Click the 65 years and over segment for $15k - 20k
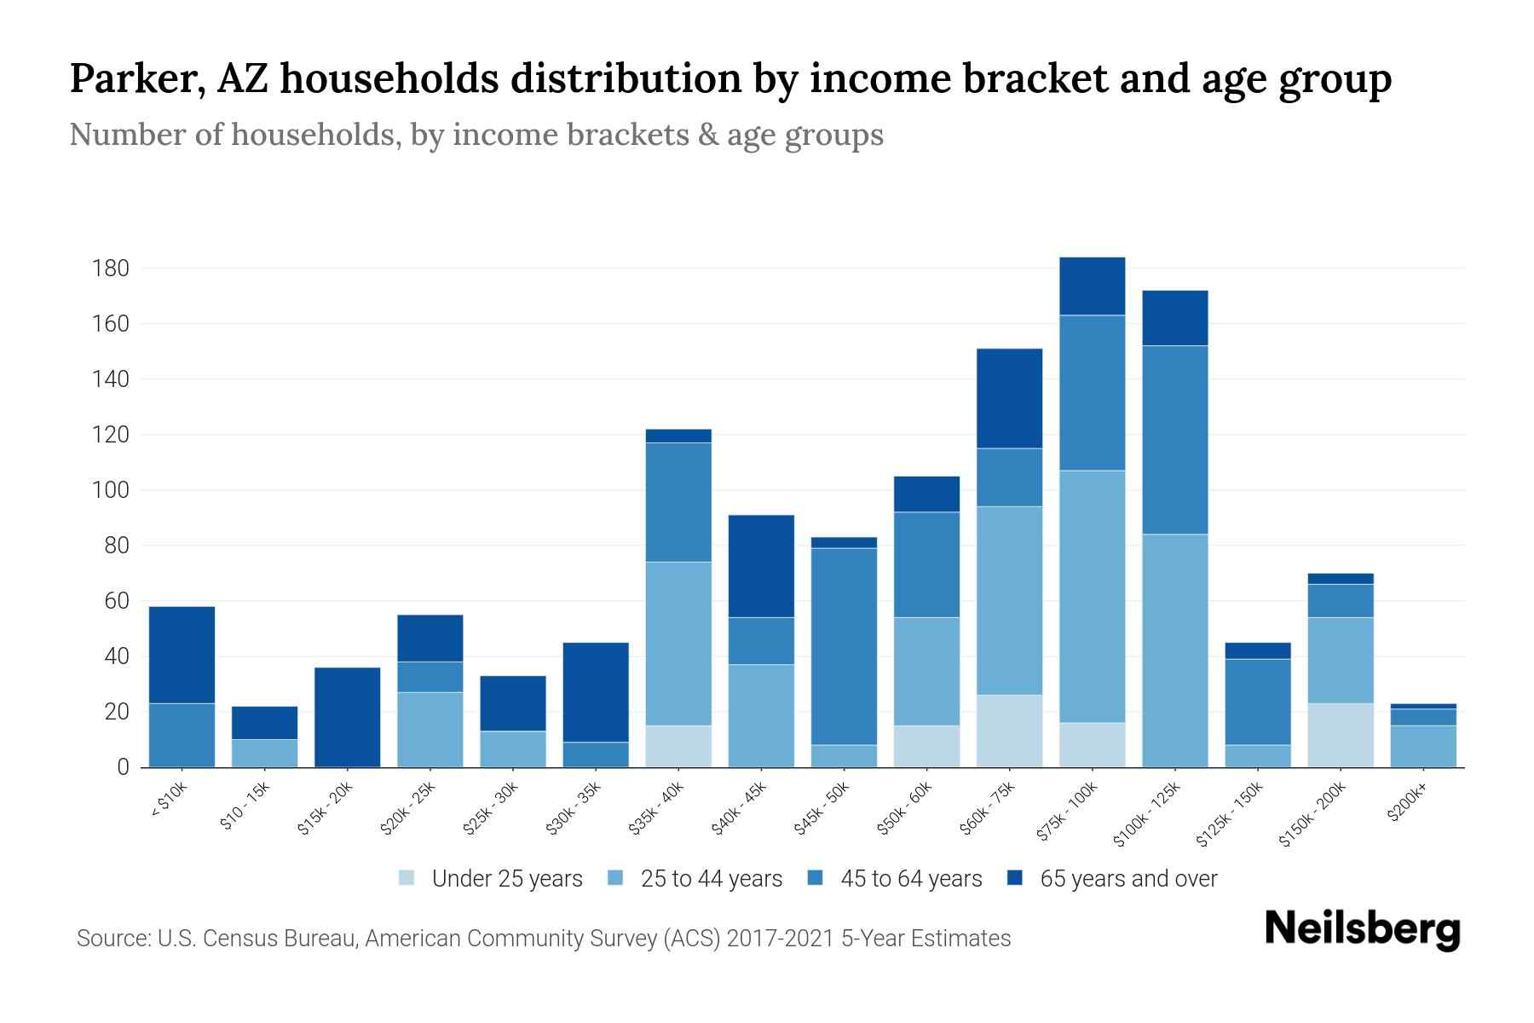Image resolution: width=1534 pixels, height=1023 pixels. click(347, 717)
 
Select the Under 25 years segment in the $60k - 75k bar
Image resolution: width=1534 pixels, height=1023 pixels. click(1009, 731)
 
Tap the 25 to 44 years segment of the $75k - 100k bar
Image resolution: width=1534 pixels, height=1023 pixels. click(1092, 596)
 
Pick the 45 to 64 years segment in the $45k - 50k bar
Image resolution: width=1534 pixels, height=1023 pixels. click(844, 646)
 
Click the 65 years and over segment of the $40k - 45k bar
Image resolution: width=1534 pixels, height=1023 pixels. click(761, 566)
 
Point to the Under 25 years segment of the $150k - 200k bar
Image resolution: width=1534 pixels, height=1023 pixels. click(1340, 735)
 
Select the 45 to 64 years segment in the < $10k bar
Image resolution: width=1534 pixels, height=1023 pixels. click(182, 735)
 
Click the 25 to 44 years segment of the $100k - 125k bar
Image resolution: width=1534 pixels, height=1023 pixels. click(1174, 650)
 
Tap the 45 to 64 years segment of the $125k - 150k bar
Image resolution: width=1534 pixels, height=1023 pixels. click(1257, 702)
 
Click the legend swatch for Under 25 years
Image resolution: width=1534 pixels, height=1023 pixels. click(407, 877)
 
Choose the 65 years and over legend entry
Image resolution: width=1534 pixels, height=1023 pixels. click(1127, 878)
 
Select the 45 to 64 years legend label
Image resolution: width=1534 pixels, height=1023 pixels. click(910, 878)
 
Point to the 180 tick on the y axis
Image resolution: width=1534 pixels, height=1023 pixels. click(110, 269)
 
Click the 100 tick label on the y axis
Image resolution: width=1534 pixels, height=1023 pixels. click(110, 491)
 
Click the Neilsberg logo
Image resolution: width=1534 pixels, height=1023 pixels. click(1362, 929)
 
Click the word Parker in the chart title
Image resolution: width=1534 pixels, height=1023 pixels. click(136, 79)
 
